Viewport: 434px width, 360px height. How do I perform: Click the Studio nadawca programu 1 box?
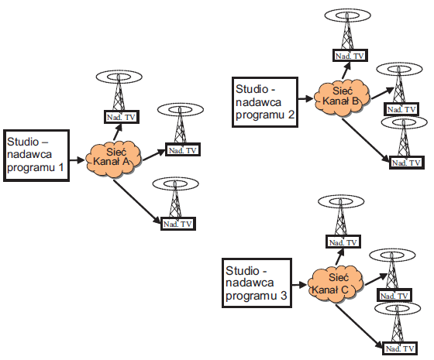(x=36, y=156)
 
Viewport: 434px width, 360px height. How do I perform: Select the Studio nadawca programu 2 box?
(x=265, y=102)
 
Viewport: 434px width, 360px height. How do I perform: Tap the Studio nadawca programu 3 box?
(x=257, y=283)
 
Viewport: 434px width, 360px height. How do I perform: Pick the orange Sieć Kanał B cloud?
(x=342, y=98)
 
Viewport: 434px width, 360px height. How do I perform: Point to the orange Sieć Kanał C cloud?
(x=336, y=284)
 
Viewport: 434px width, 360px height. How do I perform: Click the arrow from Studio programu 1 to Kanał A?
(x=77, y=159)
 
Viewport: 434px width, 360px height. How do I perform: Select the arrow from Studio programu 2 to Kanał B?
(x=306, y=98)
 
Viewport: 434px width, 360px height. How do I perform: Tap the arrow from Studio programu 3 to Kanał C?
(x=300, y=285)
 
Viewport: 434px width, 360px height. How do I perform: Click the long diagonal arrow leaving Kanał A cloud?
(x=137, y=201)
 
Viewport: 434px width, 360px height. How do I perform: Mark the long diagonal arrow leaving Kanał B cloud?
(x=366, y=140)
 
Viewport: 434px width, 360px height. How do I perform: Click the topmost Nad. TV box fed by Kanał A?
(x=121, y=117)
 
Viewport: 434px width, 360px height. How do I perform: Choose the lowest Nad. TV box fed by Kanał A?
(x=178, y=224)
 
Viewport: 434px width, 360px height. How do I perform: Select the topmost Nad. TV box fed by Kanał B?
(x=350, y=56)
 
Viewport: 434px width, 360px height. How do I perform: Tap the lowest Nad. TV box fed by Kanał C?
(x=400, y=348)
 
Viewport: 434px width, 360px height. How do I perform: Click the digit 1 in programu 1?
(x=60, y=167)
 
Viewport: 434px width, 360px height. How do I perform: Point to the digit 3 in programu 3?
(x=284, y=296)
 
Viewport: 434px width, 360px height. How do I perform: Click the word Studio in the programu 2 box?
(x=252, y=89)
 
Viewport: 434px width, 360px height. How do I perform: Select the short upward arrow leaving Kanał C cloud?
(x=339, y=257)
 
